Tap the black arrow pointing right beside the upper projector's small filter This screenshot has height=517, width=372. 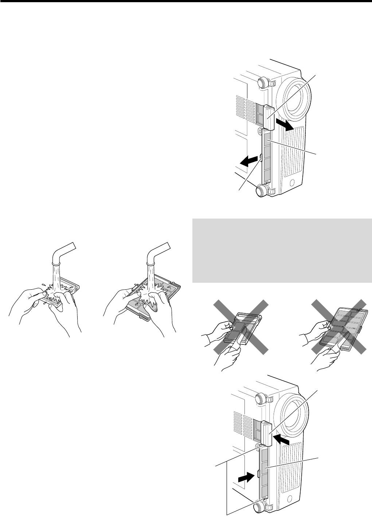point(285,125)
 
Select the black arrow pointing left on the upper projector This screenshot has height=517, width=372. point(246,161)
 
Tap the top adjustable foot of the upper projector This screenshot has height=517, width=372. point(263,83)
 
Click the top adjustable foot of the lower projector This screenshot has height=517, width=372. point(263,398)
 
